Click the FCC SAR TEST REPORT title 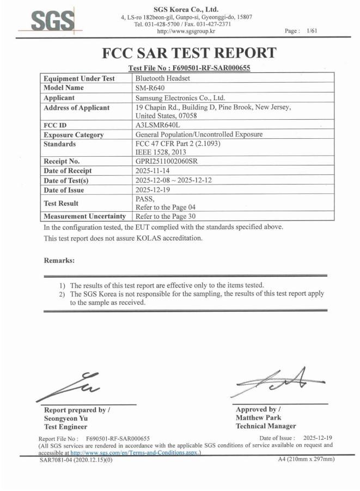tap(188, 54)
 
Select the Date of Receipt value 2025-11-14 tap(153, 171)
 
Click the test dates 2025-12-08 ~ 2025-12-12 tap(176, 181)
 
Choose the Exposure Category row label tap(74, 134)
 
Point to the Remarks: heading tap(59, 261)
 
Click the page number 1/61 tap(312, 31)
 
